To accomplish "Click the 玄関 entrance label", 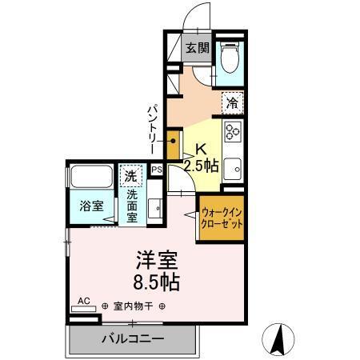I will tap(198, 48).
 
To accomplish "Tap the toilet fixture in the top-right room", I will tap(230, 58).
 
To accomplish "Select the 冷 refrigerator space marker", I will tap(232, 102).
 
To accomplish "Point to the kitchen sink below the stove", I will tap(233, 169).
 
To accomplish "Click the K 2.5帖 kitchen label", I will tap(200, 158).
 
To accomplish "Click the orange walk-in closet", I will tap(221, 217).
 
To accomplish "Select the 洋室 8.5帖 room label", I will tap(156, 270).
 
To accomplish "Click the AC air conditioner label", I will tap(82, 302).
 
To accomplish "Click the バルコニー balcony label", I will tap(133, 339).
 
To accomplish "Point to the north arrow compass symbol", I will tap(280, 338).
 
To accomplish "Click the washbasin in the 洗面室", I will tap(158, 210).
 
